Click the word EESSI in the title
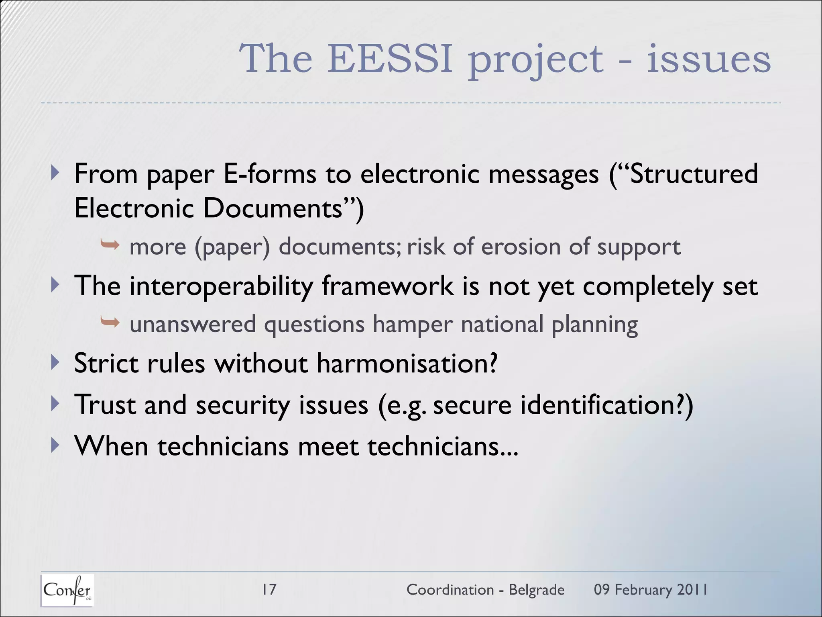390,59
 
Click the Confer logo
67,590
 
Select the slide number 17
269,589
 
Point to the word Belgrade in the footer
536,590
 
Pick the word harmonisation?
407,363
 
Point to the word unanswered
193,324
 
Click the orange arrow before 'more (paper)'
110,244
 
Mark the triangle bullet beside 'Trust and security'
55,404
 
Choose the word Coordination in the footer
450,590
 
